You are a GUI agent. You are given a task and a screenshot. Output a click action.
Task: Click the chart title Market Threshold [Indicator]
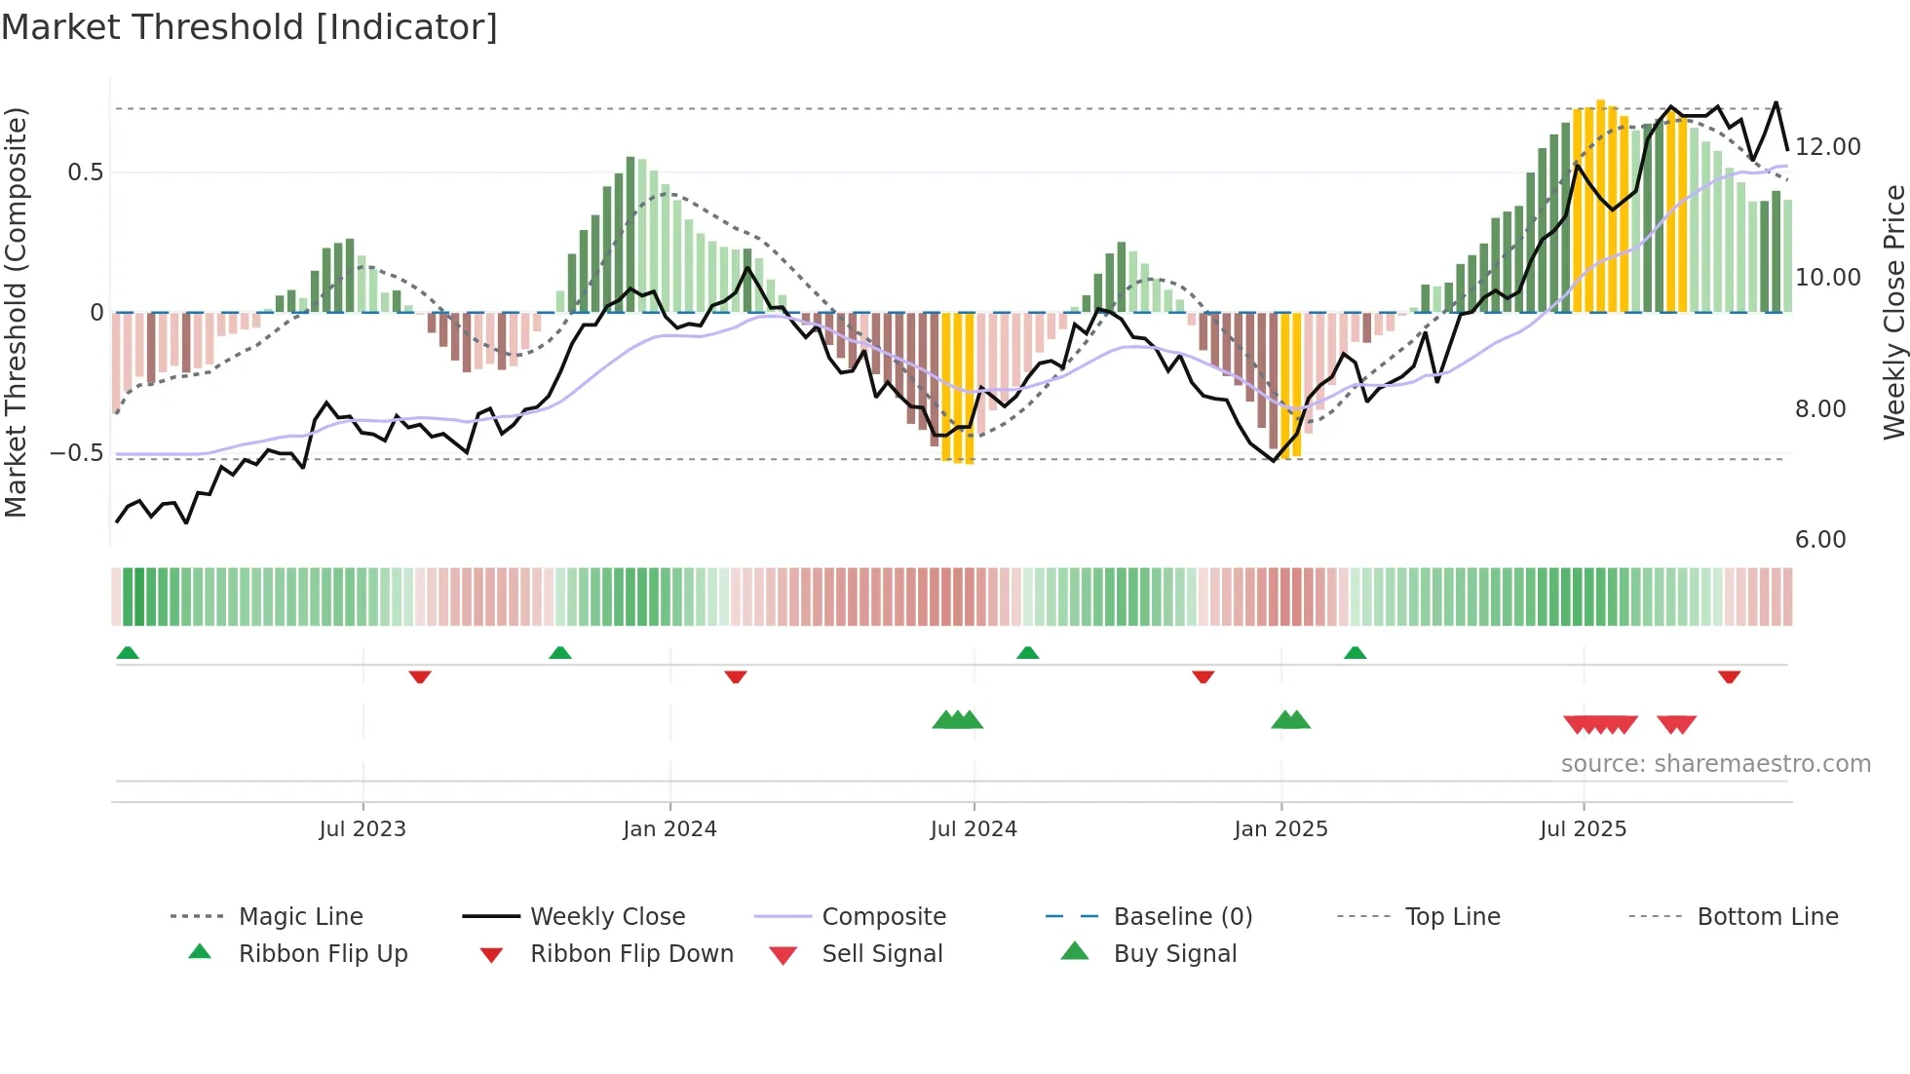(x=249, y=27)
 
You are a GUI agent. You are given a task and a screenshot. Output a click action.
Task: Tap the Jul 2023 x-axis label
(x=363, y=829)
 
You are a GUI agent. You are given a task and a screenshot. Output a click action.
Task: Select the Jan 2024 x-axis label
(x=669, y=829)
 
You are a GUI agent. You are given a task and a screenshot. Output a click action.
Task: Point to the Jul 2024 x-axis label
(x=974, y=829)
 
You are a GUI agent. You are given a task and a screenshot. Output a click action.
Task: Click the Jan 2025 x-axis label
(x=1280, y=829)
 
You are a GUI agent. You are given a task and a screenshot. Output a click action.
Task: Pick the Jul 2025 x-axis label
(x=1584, y=829)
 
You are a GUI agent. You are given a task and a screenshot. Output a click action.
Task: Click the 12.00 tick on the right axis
(x=1827, y=147)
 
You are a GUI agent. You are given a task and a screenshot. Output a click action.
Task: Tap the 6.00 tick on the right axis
(x=1819, y=540)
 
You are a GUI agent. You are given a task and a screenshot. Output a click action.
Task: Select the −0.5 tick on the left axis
(x=77, y=453)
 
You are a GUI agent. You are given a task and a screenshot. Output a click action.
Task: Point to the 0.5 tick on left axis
(x=85, y=173)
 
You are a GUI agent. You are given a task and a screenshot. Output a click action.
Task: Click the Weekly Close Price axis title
(x=1893, y=312)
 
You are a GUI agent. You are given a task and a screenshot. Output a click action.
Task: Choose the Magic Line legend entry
(x=300, y=917)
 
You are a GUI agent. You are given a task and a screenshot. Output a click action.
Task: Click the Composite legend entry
(x=883, y=917)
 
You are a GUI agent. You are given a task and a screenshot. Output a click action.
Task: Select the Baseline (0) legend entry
(x=1182, y=917)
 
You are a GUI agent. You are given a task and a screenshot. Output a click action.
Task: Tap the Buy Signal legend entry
(x=1174, y=954)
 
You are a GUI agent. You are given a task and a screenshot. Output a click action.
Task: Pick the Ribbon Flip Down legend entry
(x=630, y=954)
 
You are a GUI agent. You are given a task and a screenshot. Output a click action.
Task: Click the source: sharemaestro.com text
(x=1715, y=764)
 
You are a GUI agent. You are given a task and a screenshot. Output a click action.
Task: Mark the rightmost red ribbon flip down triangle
(x=1729, y=676)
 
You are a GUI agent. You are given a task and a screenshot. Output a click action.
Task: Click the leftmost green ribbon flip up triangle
(x=128, y=653)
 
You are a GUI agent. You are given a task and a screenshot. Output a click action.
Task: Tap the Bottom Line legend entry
(x=1767, y=917)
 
